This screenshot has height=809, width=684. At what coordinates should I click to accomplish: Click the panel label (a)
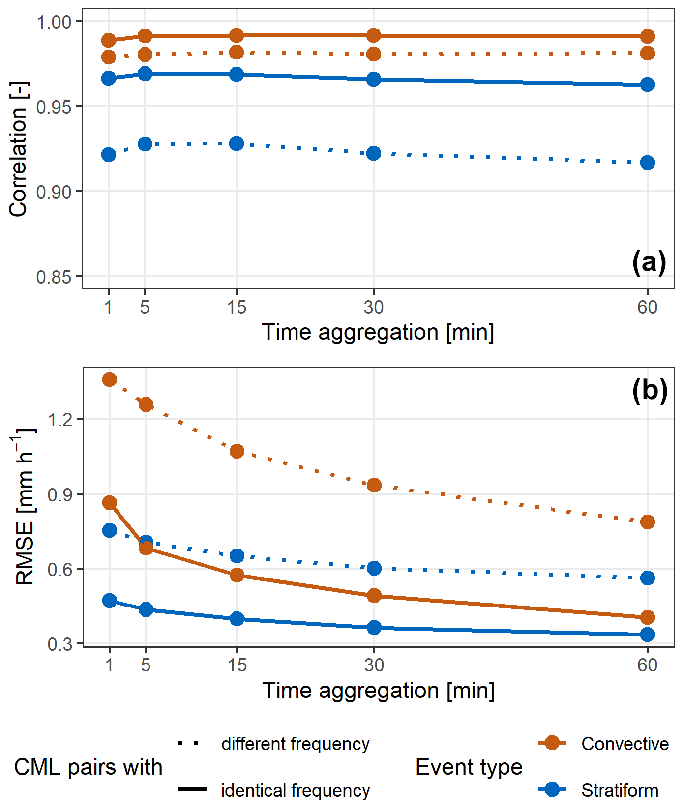click(x=649, y=262)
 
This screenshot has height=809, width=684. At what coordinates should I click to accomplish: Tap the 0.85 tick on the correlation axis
click(x=54, y=277)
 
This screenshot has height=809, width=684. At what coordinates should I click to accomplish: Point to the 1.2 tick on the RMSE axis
click(x=59, y=419)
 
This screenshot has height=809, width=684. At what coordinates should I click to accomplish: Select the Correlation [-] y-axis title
click(x=19, y=149)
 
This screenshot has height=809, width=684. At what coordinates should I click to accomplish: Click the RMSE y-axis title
click(x=25, y=506)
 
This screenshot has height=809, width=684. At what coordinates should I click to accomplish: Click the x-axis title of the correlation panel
click(x=378, y=332)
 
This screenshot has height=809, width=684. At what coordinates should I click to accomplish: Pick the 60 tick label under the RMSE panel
click(x=647, y=665)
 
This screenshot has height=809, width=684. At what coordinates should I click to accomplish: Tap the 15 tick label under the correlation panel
click(x=237, y=307)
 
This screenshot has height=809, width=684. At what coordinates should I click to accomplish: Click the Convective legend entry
click(x=625, y=744)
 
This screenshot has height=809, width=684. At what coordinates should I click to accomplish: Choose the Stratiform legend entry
click(x=620, y=790)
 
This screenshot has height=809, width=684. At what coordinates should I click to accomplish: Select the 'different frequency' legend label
click(x=295, y=744)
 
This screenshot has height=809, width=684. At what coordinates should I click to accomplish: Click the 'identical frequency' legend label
click(x=295, y=790)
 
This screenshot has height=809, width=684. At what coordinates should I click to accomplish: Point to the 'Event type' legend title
click(x=469, y=767)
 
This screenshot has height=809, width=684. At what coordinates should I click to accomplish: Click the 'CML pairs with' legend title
click(x=88, y=767)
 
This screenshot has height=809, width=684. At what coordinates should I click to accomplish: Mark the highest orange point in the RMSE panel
click(x=110, y=379)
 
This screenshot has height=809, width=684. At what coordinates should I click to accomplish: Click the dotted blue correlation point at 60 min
click(x=648, y=163)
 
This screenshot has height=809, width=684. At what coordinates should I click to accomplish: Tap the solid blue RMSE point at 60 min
click(x=648, y=635)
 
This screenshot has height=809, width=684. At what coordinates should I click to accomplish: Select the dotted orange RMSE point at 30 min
click(x=374, y=485)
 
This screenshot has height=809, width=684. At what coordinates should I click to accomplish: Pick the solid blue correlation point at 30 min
click(x=374, y=79)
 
